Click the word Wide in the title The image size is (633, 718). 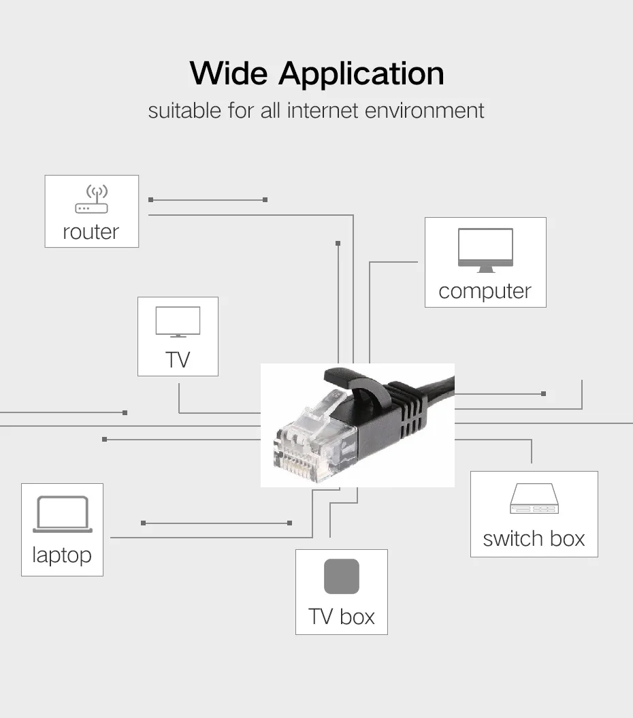[229, 73]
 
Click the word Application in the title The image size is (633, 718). [361, 74]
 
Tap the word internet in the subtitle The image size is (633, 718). [323, 110]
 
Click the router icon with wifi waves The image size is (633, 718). [91, 199]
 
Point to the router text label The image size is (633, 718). [91, 231]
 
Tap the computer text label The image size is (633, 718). [485, 291]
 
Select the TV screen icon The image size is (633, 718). [178, 322]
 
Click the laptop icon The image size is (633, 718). [62, 515]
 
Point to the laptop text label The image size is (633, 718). [61, 555]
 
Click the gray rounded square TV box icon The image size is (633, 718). [341, 576]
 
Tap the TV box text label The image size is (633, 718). [342, 617]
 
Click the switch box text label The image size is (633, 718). [534, 538]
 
